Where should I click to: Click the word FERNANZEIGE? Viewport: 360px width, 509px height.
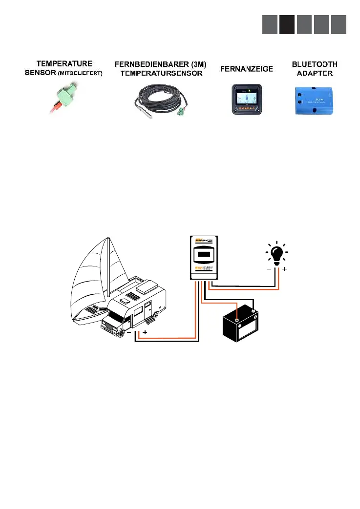coord(246,69)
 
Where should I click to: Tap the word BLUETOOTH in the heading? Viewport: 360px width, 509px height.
coord(314,64)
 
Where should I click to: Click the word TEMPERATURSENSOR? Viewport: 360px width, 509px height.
coord(158,74)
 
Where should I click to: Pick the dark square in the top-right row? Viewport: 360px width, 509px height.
coord(287,24)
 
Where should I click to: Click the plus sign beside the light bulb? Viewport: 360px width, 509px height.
coord(284,269)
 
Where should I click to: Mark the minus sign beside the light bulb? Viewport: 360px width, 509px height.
coord(268,269)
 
